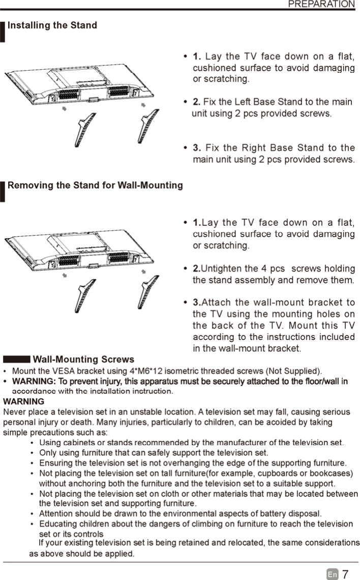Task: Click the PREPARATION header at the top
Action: click(x=321, y=5)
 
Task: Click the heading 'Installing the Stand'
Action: click(x=52, y=25)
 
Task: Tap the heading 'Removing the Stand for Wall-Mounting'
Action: click(x=95, y=185)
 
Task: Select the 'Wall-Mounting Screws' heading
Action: click(x=83, y=360)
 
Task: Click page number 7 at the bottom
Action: click(x=345, y=574)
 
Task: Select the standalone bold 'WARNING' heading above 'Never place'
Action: click(x=23, y=401)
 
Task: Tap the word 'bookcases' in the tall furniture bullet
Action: click(x=335, y=473)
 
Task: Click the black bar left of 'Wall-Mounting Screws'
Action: click(x=16, y=360)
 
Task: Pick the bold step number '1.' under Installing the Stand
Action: click(x=197, y=56)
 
